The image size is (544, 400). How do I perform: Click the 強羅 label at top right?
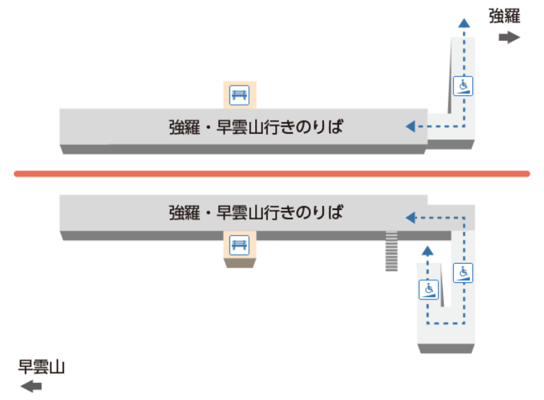504,16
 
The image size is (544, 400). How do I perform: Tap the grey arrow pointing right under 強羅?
509,37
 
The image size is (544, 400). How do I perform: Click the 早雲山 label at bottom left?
41,367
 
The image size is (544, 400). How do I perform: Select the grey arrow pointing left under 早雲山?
31,386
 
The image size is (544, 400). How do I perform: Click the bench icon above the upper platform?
240,95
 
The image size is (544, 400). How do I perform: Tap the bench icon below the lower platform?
240,245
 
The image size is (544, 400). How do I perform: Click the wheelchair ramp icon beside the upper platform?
463,86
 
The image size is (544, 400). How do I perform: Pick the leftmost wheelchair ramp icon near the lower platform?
429,289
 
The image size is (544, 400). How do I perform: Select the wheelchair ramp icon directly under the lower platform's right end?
463,273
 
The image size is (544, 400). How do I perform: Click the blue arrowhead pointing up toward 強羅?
464,23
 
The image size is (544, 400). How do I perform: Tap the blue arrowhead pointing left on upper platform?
410,126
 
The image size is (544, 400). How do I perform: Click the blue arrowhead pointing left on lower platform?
410,218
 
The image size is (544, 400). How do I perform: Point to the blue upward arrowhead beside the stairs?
427,250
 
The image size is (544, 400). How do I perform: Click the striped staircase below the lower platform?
392,251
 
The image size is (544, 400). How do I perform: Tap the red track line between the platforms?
272,174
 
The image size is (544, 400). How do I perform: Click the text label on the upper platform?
256,127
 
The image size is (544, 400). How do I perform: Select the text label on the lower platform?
256,213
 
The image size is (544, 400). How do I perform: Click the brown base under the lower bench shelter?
240,263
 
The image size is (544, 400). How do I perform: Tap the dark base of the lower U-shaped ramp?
446,349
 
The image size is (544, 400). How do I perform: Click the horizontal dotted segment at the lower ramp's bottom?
446,323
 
